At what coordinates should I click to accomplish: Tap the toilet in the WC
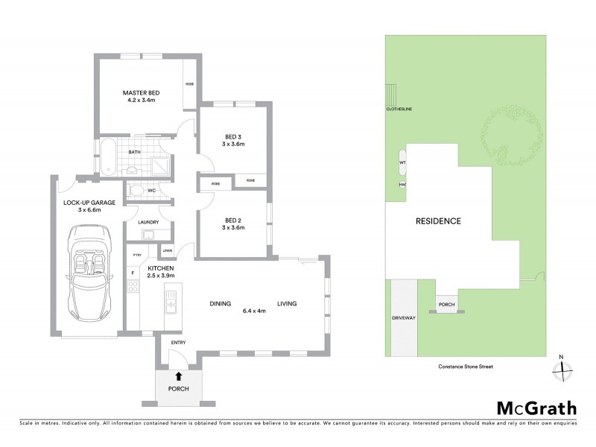point(134,191)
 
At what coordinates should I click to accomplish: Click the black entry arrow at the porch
point(177,378)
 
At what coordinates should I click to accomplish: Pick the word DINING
point(220,304)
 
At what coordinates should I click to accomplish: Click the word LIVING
point(288,304)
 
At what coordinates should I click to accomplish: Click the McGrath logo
point(536,408)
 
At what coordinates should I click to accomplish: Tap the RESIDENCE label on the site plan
point(438,221)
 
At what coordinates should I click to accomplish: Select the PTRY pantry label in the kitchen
point(136,256)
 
